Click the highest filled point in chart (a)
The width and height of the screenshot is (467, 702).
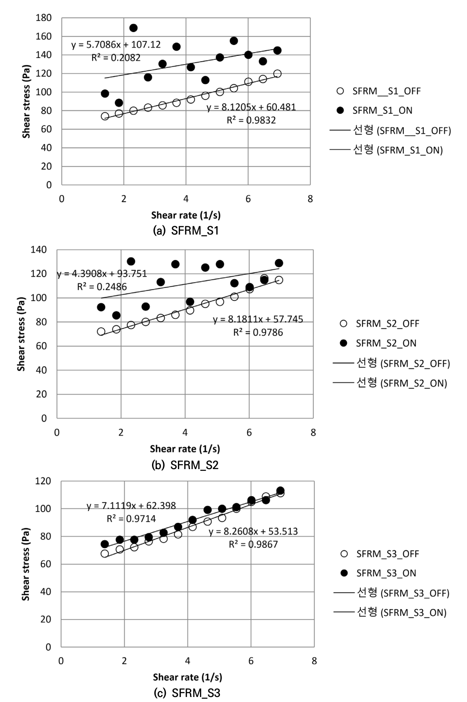pyautogui.click(x=133, y=28)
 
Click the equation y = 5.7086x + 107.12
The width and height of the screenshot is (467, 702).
pyautogui.click(x=116, y=45)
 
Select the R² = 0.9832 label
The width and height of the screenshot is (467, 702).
pyautogui.click(x=251, y=120)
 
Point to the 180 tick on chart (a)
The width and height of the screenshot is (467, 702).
pyautogui.click(x=44, y=18)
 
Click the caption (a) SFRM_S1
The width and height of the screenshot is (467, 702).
pyautogui.click(x=186, y=230)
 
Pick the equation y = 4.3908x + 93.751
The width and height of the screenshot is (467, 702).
pyautogui.click(x=102, y=274)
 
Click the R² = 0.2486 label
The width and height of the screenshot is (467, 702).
pyautogui.click(x=102, y=287)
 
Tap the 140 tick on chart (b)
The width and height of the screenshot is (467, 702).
pyautogui.click(x=39, y=250)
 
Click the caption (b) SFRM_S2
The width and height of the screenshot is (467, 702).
pyautogui.click(x=185, y=465)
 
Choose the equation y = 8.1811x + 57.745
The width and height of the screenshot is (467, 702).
pyautogui.click(x=258, y=320)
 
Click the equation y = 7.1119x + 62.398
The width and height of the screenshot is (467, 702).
pyautogui.click(x=131, y=506)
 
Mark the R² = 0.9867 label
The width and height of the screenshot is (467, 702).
pyautogui.click(x=253, y=544)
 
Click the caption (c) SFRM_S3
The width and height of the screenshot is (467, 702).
pyautogui.click(x=187, y=693)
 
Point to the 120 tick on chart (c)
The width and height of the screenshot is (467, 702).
pyautogui.click(x=43, y=481)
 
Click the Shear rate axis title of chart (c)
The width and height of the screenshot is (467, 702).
pyautogui.click(x=187, y=677)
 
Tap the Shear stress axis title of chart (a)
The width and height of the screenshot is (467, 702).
pyautogui.click(x=27, y=101)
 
